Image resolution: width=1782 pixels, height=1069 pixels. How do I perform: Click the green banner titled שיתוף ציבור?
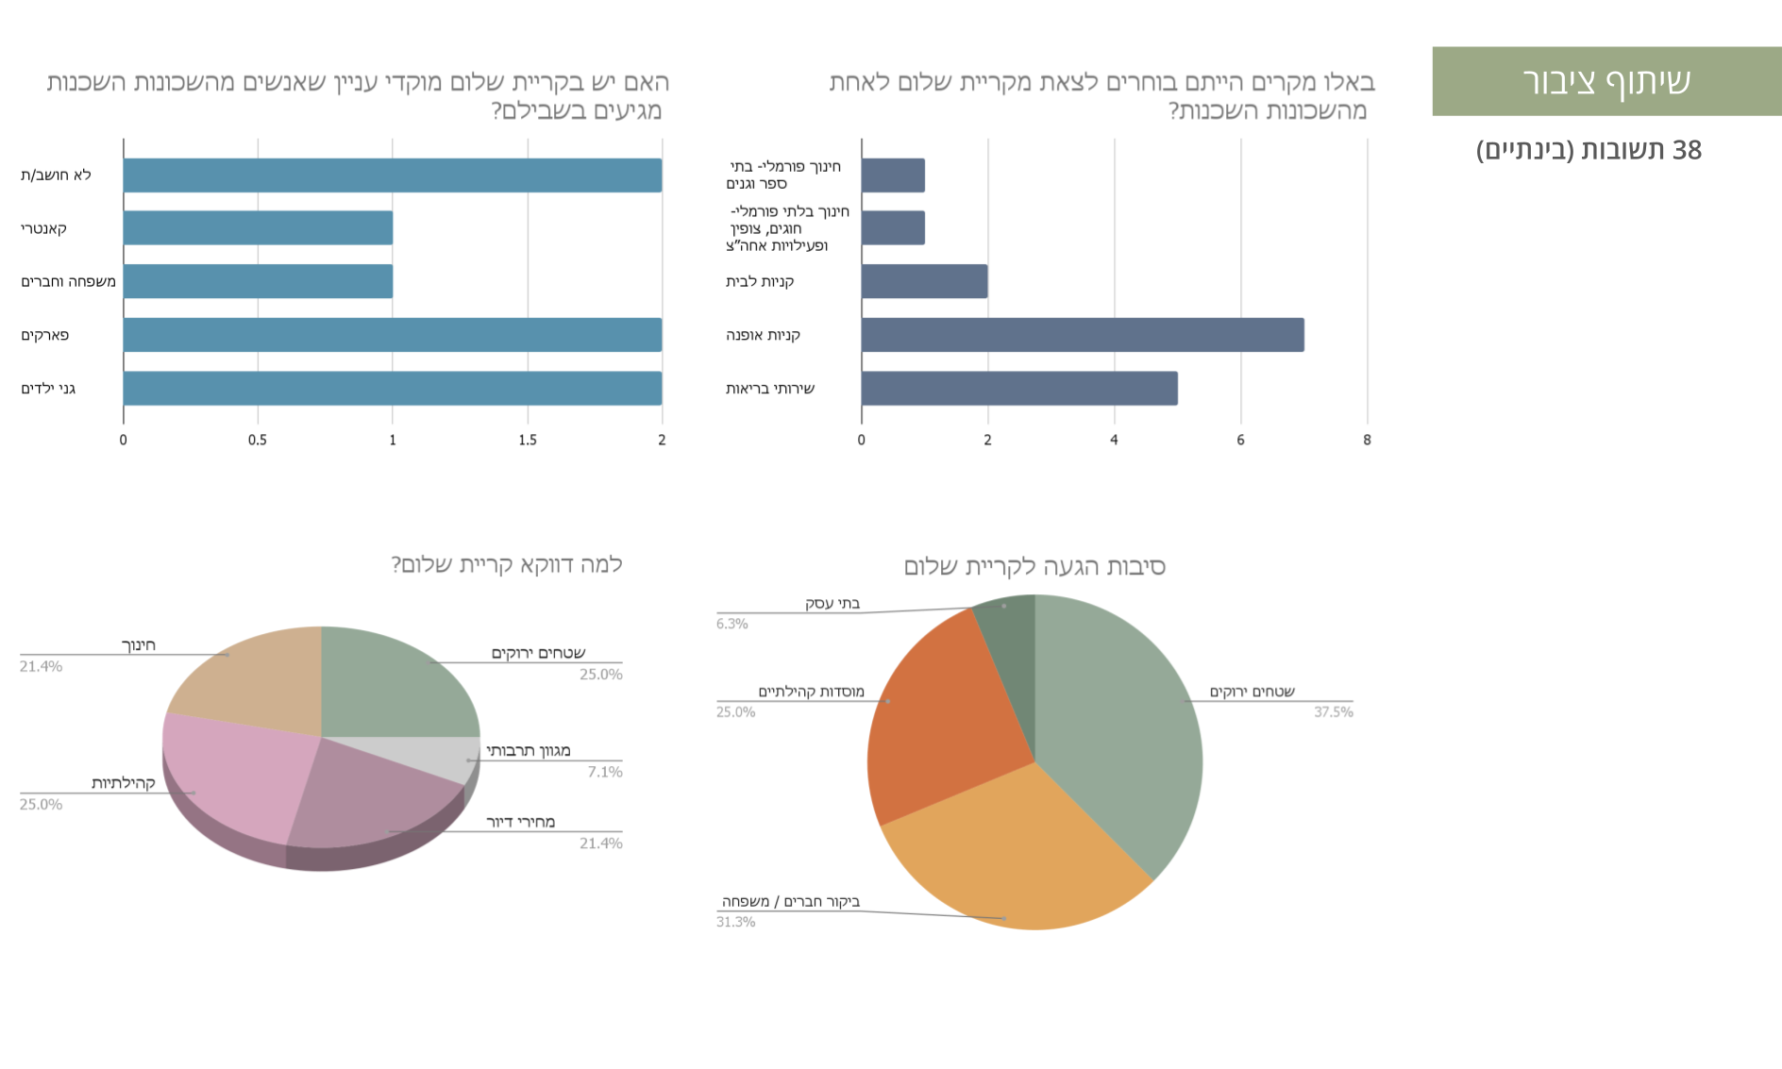(1605, 81)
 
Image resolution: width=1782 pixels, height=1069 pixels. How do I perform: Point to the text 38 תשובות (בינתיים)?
(1589, 150)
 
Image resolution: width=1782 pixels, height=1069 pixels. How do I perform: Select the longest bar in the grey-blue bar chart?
(1083, 335)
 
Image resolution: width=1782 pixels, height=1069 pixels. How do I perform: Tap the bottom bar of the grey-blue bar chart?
(1019, 389)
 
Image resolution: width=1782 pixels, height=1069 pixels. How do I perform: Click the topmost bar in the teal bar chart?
(393, 175)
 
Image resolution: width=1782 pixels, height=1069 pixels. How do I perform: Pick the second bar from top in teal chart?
(258, 227)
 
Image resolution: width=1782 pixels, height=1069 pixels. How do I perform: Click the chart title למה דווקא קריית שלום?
(506, 565)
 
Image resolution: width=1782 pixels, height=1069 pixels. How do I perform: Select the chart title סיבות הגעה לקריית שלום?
(1034, 567)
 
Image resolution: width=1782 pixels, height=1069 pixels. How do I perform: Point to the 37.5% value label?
(1334, 712)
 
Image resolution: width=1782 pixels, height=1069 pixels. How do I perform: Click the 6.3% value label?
(732, 624)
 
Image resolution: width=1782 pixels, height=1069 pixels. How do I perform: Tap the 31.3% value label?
(735, 922)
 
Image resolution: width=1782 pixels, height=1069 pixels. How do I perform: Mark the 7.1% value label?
(604, 773)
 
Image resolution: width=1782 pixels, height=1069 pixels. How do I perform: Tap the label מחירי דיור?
(520, 823)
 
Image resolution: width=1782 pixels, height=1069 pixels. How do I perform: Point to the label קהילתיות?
(124, 784)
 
